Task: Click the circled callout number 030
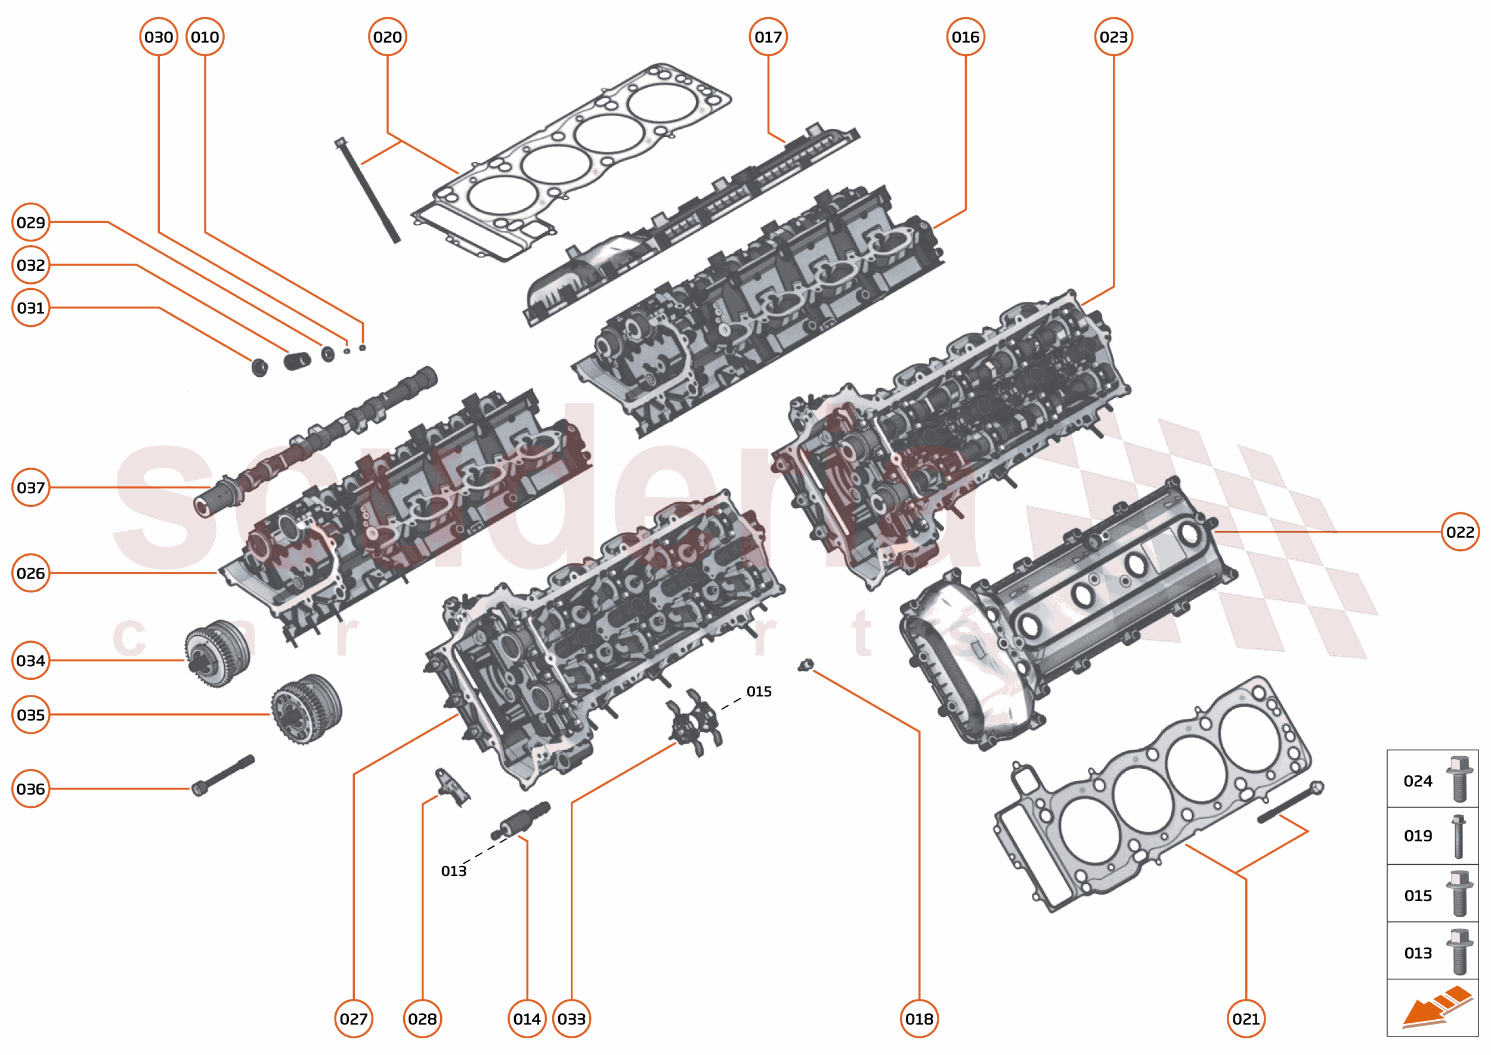coord(159,37)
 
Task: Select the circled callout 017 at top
coord(768,37)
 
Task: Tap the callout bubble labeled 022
coord(1460,532)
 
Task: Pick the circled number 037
coord(30,487)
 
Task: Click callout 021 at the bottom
coord(1245,1019)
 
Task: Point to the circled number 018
coord(918,1019)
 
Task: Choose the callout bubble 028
coord(422,1019)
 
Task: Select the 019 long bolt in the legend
coord(1459,836)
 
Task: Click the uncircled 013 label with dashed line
coord(453,871)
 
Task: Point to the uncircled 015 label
coord(758,691)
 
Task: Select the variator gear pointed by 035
coord(306,709)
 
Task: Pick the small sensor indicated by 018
coord(806,664)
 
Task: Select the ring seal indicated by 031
coord(260,367)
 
